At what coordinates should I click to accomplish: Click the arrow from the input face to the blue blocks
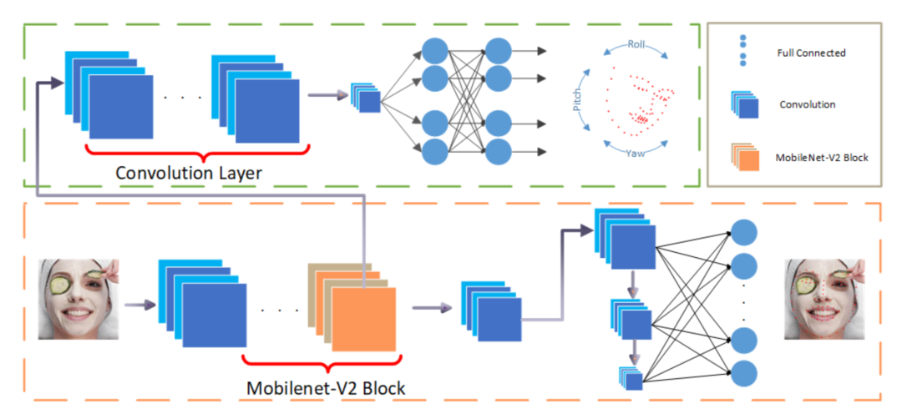[x=138, y=305]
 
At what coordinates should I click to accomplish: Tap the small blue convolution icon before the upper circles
[x=366, y=98]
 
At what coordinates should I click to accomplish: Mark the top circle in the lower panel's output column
[x=743, y=231]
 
